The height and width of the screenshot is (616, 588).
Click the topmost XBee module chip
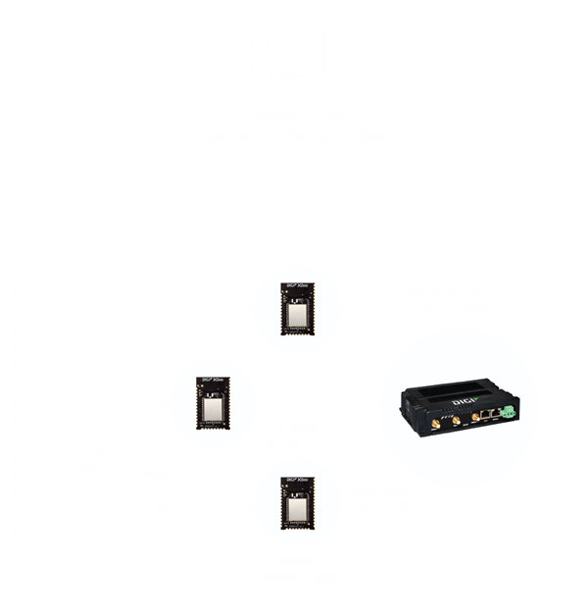click(292, 308)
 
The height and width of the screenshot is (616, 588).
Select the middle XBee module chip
click(209, 401)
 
